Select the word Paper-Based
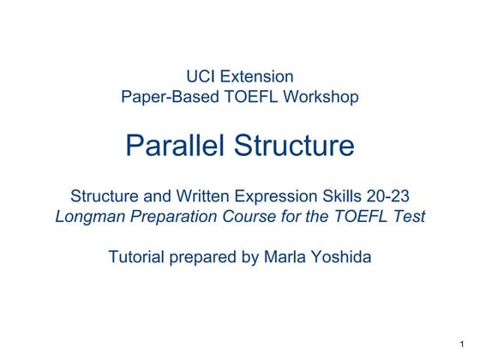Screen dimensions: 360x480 click(165, 97)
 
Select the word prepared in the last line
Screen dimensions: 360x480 click(206, 256)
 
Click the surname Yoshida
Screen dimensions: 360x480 click(341, 256)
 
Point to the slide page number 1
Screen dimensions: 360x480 click(461, 344)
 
